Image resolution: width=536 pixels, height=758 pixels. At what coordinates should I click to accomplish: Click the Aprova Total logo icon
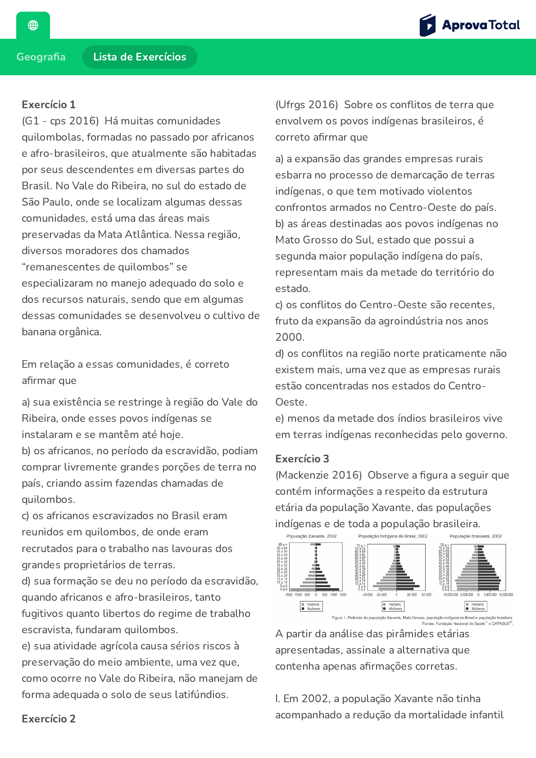click(x=427, y=25)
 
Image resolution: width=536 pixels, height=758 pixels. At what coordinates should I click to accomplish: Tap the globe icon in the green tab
click(x=33, y=25)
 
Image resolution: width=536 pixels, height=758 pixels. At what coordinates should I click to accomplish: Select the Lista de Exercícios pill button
click(x=140, y=57)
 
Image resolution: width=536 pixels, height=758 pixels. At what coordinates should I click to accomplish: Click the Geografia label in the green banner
click(x=41, y=57)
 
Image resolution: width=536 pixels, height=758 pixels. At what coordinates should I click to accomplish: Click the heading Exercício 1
click(x=49, y=105)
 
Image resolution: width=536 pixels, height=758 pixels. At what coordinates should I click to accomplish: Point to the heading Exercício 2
click(x=49, y=719)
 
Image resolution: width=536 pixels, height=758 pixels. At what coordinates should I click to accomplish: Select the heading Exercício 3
click(x=302, y=459)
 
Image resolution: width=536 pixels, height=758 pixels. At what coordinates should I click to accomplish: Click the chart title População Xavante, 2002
click(x=311, y=536)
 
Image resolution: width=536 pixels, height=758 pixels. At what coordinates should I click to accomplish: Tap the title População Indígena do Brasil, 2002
click(x=393, y=536)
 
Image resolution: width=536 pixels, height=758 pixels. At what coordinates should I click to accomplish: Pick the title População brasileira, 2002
click(x=476, y=536)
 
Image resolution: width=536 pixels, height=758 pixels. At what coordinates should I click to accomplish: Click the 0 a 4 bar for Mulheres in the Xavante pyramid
click(x=327, y=589)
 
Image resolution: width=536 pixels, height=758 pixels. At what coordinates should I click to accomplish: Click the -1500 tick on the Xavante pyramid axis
click(x=289, y=595)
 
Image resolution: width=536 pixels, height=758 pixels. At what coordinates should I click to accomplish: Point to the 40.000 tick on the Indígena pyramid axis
click(x=426, y=595)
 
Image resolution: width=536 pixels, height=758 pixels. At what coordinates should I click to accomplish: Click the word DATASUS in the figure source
click(x=500, y=624)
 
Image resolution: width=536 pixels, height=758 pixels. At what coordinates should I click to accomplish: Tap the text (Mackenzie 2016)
click(x=318, y=475)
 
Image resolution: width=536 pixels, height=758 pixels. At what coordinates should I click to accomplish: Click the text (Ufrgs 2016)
click(x=306, y=105)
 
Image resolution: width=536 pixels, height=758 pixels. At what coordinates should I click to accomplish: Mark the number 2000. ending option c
click(x=290, y=337)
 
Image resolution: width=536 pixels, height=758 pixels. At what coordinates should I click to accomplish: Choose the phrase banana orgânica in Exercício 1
click(x=61, y=332)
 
